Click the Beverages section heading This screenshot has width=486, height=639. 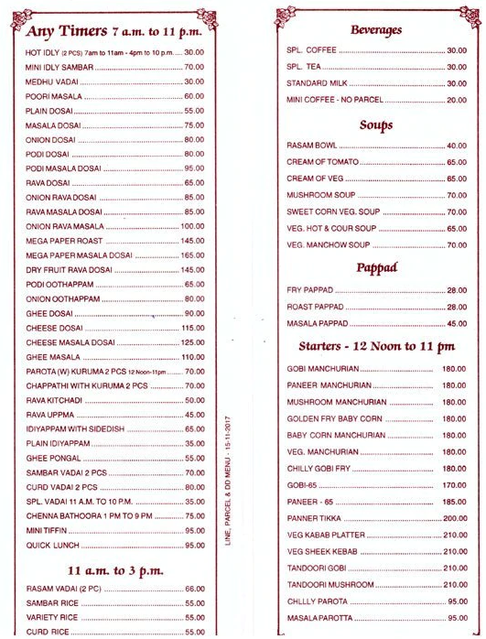point(376,30)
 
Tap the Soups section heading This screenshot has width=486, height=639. point(376,125)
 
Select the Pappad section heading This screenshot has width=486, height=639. point(376,268)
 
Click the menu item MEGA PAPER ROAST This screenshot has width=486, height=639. point(63,241)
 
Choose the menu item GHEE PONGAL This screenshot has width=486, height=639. point(51,458)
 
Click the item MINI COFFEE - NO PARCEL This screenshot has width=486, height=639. point(334,99)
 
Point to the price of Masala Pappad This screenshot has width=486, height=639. point(456,323)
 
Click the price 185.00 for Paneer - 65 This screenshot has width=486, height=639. point(454,502)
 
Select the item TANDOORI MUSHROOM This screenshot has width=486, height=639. point(329,584)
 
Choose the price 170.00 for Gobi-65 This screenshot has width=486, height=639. point(454,484)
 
